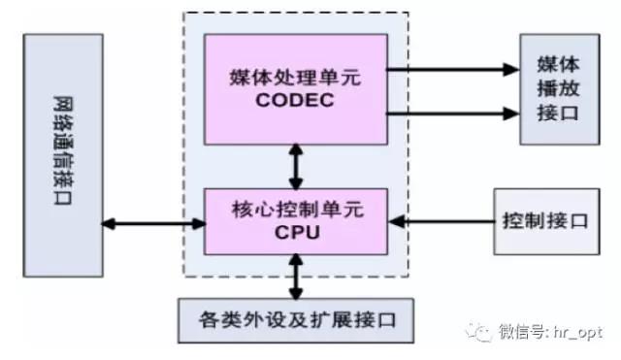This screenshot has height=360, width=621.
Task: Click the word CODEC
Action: coord(295,100)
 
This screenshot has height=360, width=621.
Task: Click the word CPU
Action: coord(297,232)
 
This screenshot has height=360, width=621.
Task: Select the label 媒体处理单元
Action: coord(295,77)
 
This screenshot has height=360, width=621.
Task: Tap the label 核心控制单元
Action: coord(297,209)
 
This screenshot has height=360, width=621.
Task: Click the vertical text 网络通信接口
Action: coord(63,150)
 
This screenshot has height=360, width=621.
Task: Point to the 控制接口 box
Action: coord(546,221)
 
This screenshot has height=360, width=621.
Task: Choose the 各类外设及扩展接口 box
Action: coord(296,320)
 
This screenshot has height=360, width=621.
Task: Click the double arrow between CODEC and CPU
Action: coord(296,166)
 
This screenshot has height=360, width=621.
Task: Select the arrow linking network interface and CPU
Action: coord(153,224)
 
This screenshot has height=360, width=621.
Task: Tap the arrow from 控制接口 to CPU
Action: coord(441,221)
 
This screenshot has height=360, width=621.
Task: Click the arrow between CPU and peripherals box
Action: coord(296,277)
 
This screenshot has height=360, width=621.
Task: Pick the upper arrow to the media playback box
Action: coord(453,70)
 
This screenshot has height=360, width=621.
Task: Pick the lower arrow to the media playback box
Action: coord(453,114)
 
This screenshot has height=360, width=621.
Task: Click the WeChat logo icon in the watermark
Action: coord(479,332)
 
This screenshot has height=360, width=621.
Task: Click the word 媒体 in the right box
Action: coord(559,64)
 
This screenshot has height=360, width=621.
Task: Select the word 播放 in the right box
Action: coord(559,88)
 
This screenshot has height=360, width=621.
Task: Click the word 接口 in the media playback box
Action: coord(559,113)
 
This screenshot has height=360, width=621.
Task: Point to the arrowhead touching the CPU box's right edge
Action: coord(397,221)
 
